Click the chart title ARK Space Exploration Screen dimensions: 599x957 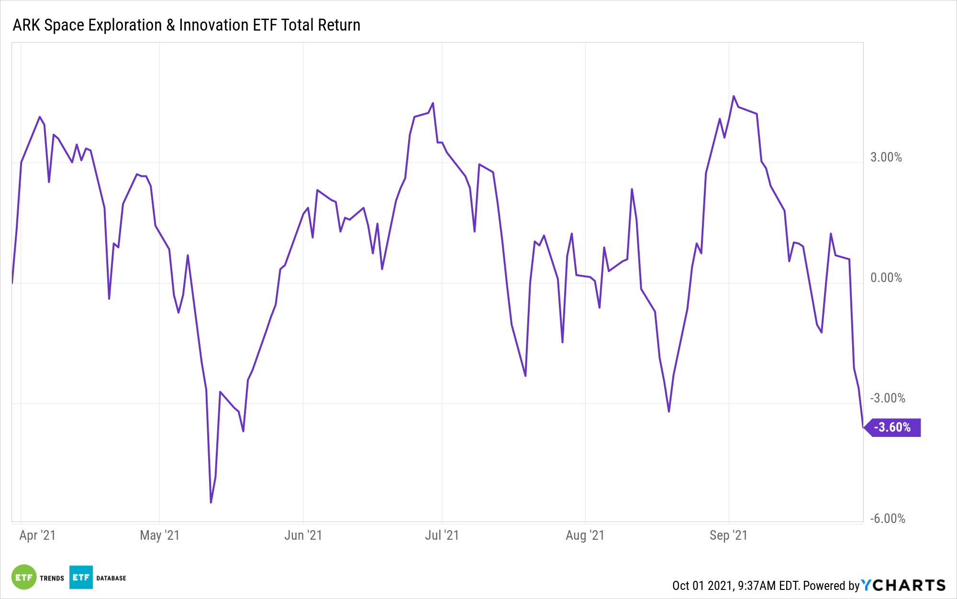click(x=186, y=25)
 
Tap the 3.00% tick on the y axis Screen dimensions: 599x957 click(x=886, y=157)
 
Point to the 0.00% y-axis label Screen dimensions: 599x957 click(x=886, y=278)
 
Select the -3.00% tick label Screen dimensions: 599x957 click(x=887, y=398)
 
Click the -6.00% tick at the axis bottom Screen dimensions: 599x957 click(x=887, y=519)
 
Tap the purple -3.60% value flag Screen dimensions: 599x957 click(x=893, y=427)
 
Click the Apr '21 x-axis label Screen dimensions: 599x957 click(x=37, y=535)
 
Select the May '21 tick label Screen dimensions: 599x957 click(x=159, y=535)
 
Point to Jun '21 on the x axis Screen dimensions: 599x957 click(x=303, y=535)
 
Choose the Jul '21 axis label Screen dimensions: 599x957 click(x=442, y=535)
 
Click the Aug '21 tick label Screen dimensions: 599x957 click(x=585, y=535)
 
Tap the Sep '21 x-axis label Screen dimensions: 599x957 click(x=728, y=535)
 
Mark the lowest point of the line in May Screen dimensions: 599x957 click(x=211, y=502)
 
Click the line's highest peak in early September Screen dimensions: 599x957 click(x=734, y=96)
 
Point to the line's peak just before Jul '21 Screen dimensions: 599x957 click(x=433, y=103)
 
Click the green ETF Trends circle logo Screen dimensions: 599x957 click(x=24, y=577)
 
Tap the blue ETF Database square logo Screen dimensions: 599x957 click(x=81, y=577)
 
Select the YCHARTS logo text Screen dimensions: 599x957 click(x=903, y=585)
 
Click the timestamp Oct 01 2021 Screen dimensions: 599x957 click(x=702, y=586)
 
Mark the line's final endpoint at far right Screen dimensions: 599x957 click(x=863, y=427)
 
